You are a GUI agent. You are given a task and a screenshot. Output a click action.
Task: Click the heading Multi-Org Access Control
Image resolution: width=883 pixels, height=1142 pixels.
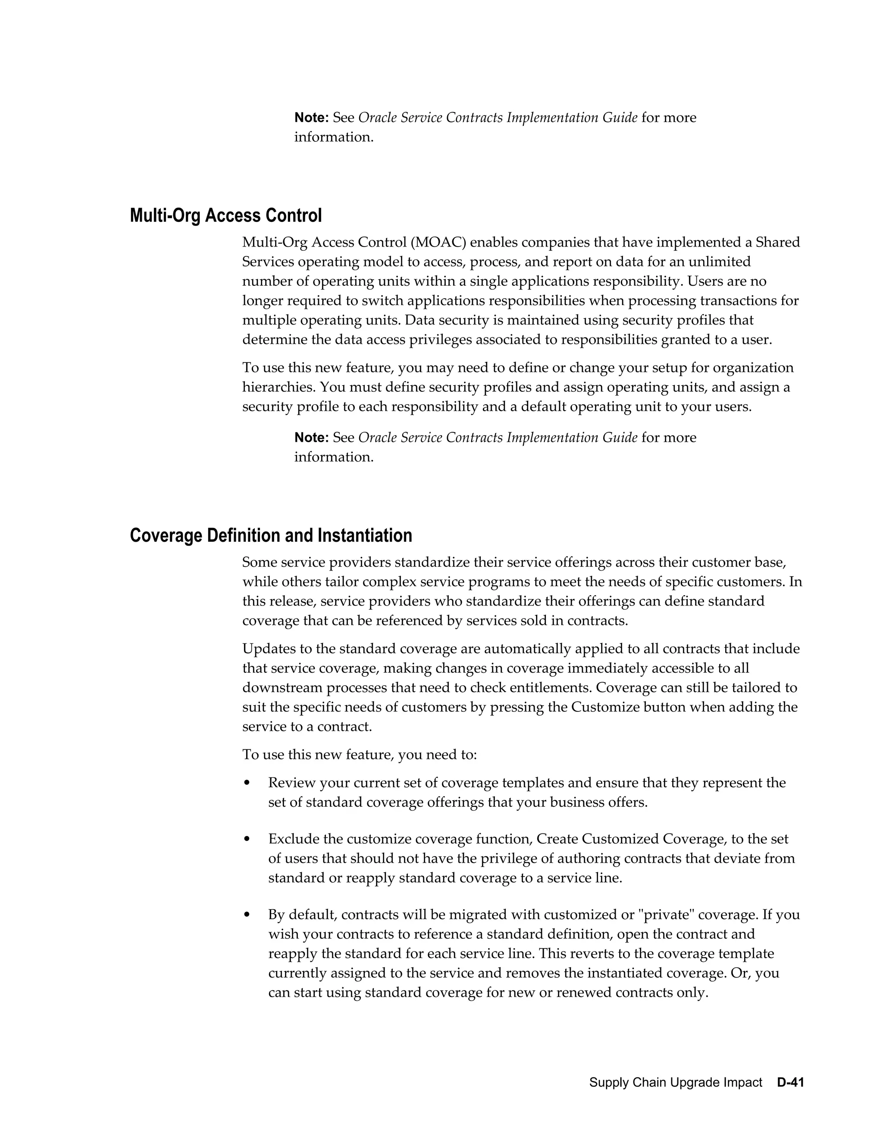225,215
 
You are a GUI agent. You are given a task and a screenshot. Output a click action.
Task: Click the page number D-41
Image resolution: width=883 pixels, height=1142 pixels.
790,1083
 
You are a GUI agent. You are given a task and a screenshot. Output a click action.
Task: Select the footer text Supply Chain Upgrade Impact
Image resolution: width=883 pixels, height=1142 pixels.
675,1083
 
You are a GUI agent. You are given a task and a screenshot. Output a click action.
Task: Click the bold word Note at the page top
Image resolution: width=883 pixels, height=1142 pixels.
311,118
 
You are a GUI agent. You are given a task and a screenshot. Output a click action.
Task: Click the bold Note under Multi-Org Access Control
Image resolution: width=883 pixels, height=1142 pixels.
311,438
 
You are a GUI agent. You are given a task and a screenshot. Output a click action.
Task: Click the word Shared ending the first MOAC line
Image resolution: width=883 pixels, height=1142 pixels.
778,243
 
